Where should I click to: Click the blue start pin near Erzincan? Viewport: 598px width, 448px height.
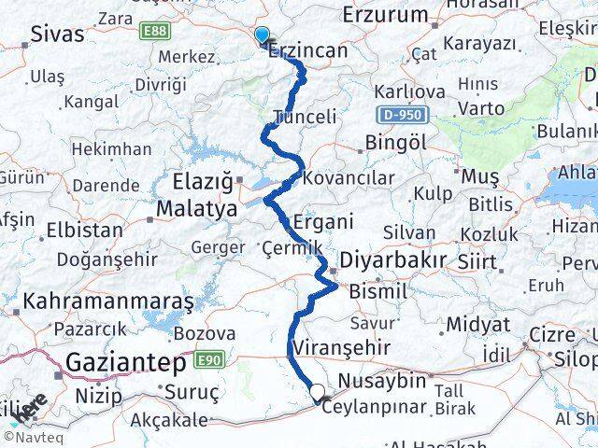(262, 35)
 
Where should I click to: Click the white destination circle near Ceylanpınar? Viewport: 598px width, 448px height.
(318, 393)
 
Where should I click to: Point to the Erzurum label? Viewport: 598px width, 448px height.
(385, 15)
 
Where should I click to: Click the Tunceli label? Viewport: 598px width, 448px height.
(305, 117)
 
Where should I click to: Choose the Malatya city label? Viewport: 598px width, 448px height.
(196, 209)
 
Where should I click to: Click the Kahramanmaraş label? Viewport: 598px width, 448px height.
(108, 301)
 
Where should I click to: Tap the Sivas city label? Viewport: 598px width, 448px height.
(57, 35)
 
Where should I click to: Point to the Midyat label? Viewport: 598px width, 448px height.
(478, 324)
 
